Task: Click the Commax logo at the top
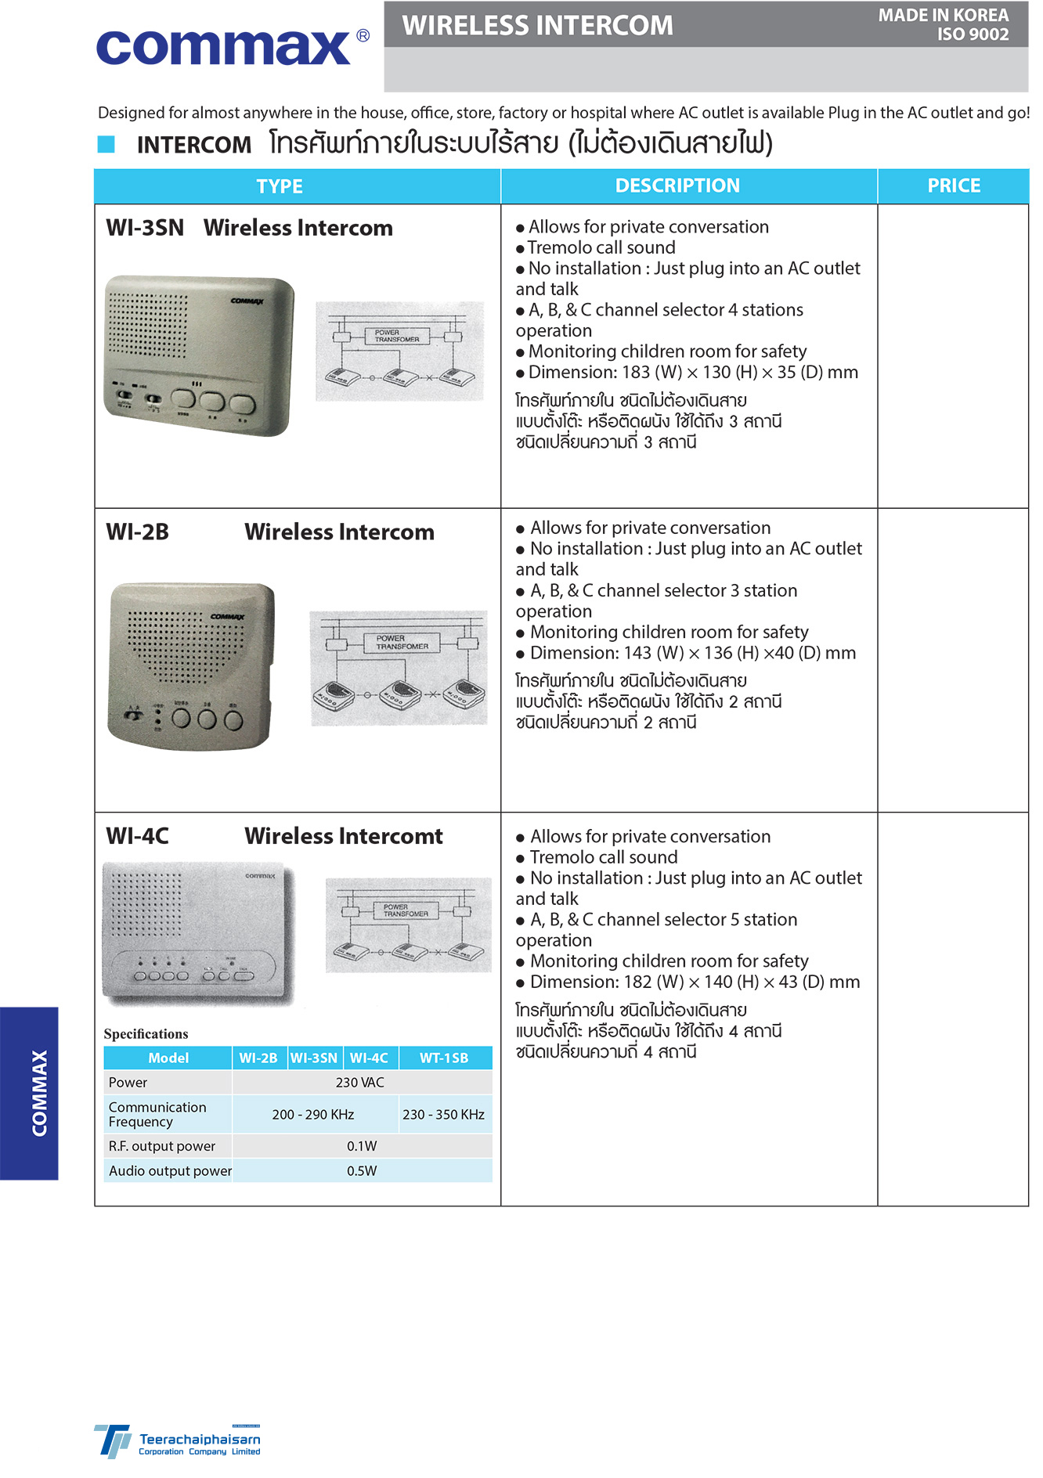click(x=232, y=47)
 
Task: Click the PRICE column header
click(x=953, y=186)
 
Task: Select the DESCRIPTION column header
click(x=677, y=186)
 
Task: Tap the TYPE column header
click(x=280, y=187)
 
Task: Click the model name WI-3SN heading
click(x=146, y=229)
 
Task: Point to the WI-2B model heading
click(x=138, y=532)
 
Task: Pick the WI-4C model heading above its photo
click(x=138, y=836)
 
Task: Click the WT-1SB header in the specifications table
click(x=444, y=1058)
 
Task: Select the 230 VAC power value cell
click(x=360, y=1083)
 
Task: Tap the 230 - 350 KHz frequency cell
click(x=443, y=1115)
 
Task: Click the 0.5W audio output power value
click(x=362, y=1171)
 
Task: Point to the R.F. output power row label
click(x=162, y=1146)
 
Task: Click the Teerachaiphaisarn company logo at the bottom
click(x=178, y=1441)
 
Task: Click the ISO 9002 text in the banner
click(x=973, y=35)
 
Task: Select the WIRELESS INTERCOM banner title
click(x=537, y=26)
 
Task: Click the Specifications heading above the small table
click(x=146, y=1034)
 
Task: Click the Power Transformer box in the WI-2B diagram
click(x=402, y=643)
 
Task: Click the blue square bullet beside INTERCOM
click(x=106, y=144)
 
